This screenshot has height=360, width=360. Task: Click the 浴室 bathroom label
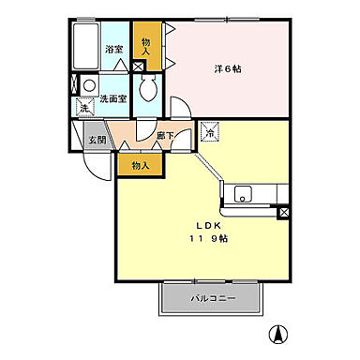pos(114,48)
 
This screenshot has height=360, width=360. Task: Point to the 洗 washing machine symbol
pos(83,109)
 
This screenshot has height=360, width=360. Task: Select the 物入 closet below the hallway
pos(140,165)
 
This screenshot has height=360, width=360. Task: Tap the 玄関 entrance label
pos(97,141)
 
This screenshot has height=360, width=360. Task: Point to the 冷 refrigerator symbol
pos(210,132)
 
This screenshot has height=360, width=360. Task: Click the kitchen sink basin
pos(242,195)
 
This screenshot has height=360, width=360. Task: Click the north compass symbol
pos(278,332)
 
